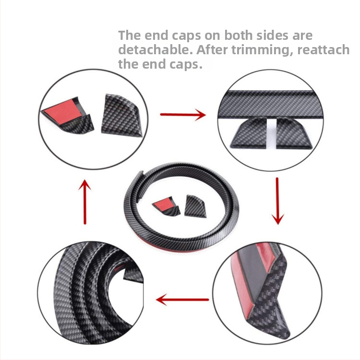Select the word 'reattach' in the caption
coord(323,50)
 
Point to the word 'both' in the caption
coord(238,36)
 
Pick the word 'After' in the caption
coord(212,49)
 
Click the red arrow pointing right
coord(183,114)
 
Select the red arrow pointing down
coord(277,201)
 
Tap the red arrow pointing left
coord(182,300)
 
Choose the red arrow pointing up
coord(85,201)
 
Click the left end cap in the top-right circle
coord(249,132)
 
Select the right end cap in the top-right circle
coord(295,132)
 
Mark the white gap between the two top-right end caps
coord(272,133)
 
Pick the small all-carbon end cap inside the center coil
coord(194,206)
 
